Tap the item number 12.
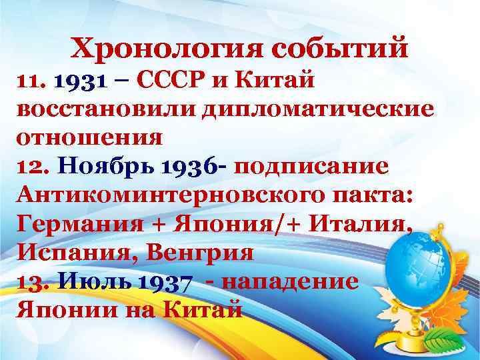tap(28, 167)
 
